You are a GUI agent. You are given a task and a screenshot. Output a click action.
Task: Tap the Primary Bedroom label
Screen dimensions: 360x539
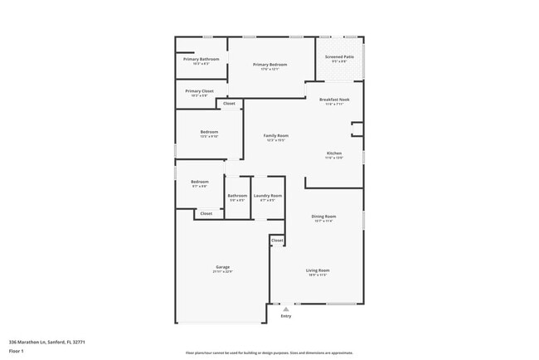pyautogui.click(x=270, y=65)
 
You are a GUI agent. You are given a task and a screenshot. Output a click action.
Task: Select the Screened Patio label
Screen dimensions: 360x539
pyautogui.click(x=339, y=57)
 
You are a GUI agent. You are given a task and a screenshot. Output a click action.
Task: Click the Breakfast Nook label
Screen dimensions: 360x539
pyautogui.click(x=334, y=100)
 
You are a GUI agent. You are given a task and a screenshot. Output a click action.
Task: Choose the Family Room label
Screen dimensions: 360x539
pyautogui.click(x=276, y=135)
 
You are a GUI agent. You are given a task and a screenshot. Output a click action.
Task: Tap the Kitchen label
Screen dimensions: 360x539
pyautogui.click(x=334, y=153)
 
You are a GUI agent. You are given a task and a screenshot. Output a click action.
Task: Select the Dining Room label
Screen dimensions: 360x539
pyautogui.click(x=323, y=216)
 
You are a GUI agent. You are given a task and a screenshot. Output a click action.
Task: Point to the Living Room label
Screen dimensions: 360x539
pyautogui.click(x=318, y=270)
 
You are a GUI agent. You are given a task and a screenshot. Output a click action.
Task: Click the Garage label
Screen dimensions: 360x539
pyautogui.click(x=223, y=266)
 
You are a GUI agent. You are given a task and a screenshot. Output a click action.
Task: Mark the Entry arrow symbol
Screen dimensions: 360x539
pyautogui.click(x=286, y=309)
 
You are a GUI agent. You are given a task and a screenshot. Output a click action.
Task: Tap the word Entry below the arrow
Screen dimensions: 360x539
pyautogui.click(x=286, y=316)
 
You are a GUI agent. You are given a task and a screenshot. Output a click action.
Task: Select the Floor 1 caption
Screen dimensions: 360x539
pyautogui.click(x=17, y=352)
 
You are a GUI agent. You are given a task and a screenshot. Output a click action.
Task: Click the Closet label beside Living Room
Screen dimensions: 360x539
pyautogui.click(x=277, y=241)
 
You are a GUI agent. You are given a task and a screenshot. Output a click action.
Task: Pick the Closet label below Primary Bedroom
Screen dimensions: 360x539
pyautogui.click(x=229, y=104)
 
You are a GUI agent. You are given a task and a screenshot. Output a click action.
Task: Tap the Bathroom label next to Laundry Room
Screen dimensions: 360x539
pyautogui.click(x=237, y=196)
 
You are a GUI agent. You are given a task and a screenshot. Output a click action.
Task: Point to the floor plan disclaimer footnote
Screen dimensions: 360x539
pyautogui.click(x=269, y=353)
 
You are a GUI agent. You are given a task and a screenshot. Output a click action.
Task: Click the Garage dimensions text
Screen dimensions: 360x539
pyautogui.click(x=223, y=272)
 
